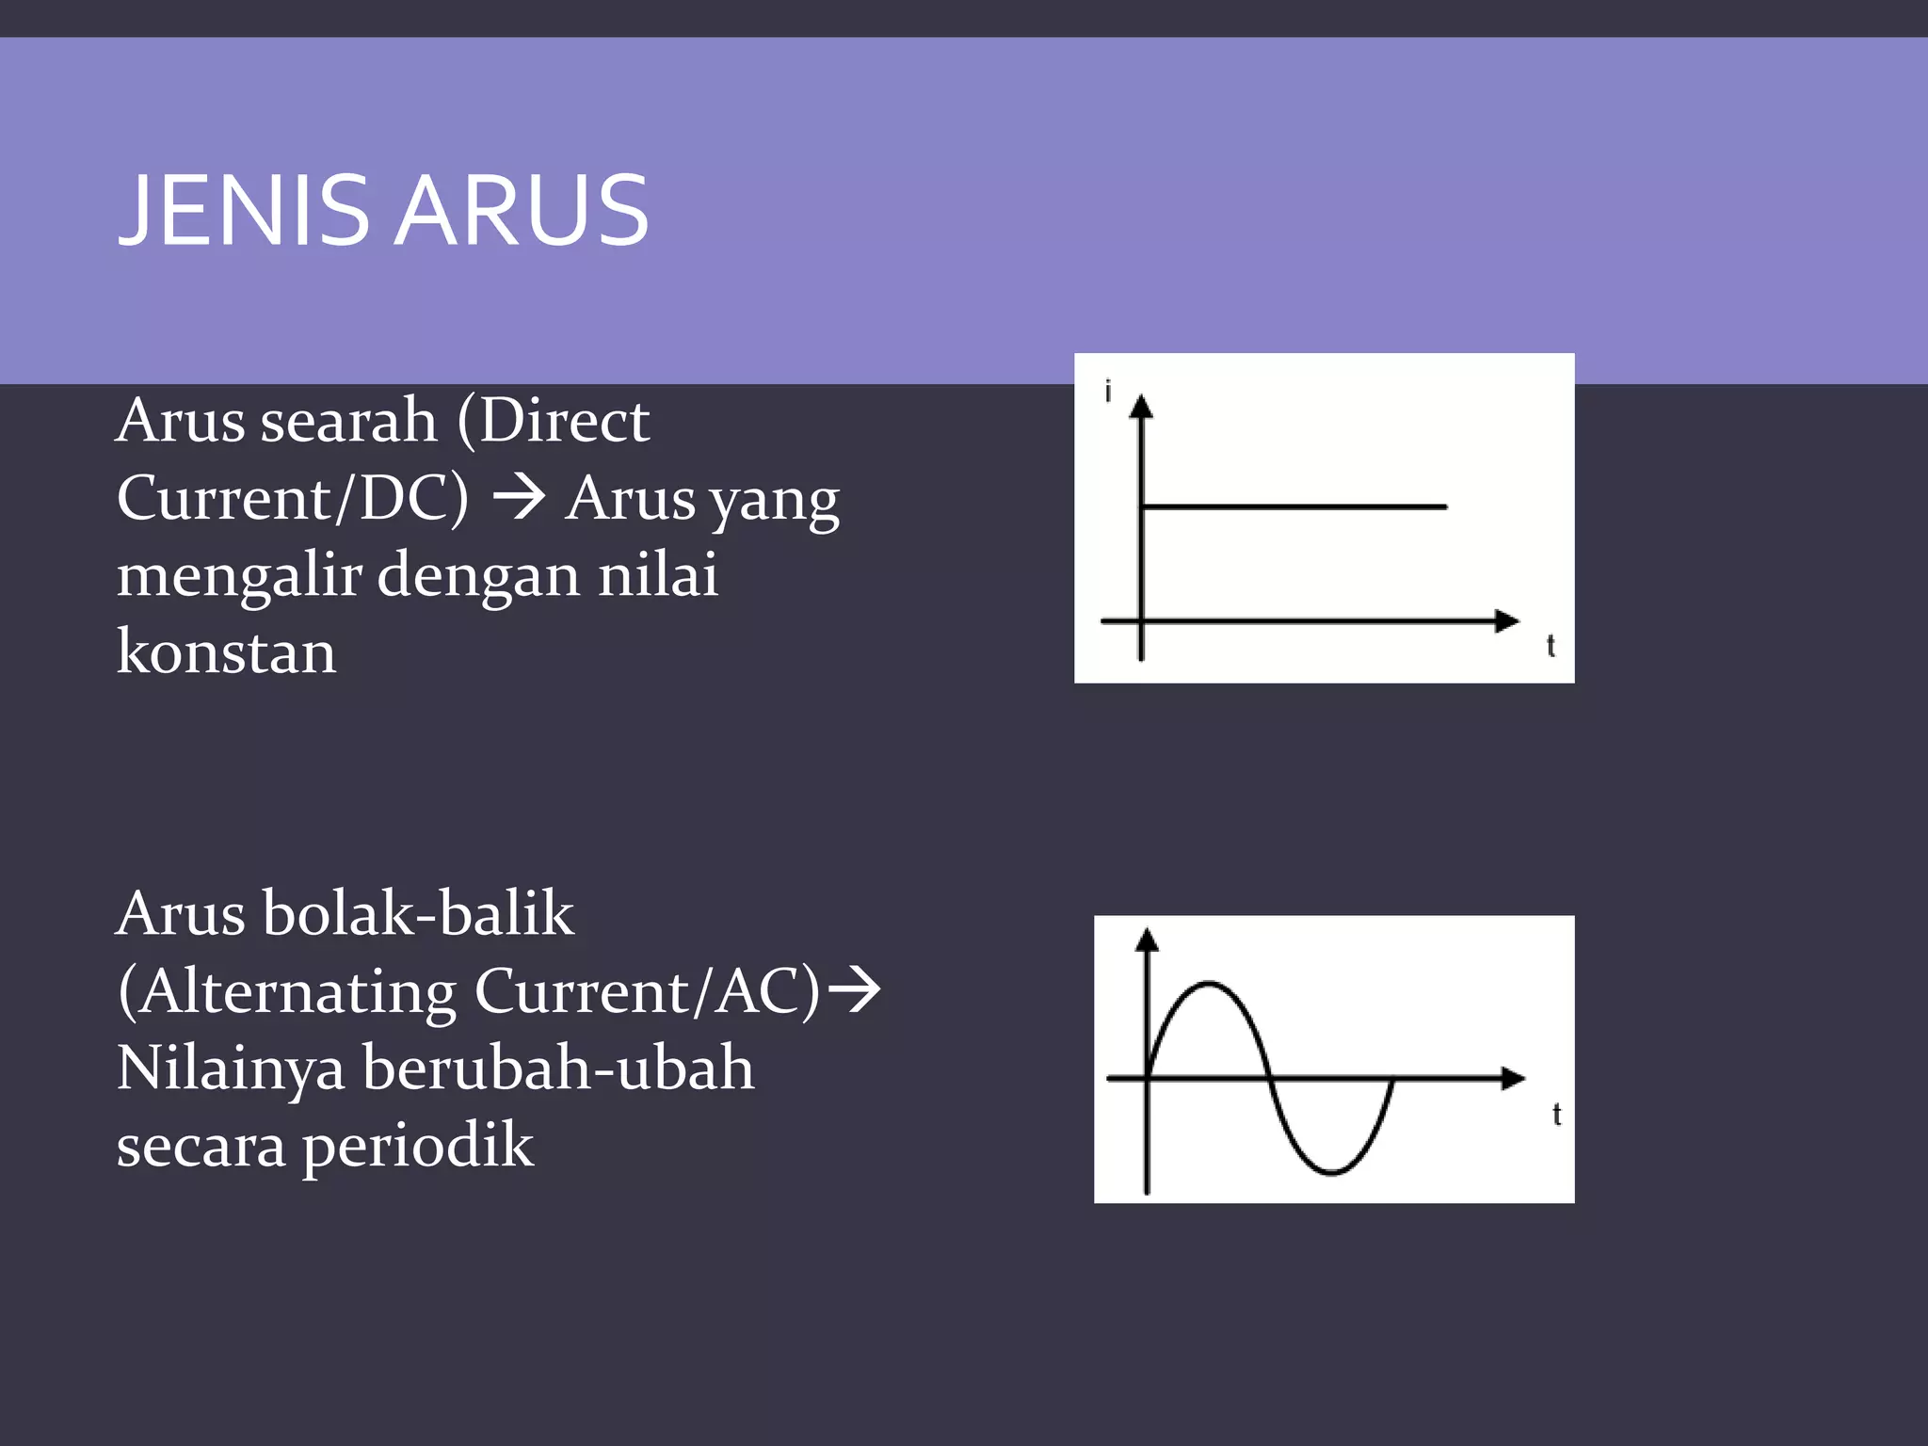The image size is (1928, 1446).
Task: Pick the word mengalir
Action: point(239,576)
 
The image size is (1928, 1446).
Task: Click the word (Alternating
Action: point(287,991)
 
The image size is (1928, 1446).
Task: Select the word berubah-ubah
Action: point(558,1068)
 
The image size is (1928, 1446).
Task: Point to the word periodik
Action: point(417,1147)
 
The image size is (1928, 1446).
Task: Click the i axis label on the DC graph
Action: point(1108,391)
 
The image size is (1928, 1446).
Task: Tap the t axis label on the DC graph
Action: point(1550,647)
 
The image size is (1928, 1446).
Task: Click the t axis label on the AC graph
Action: point(1556,1115)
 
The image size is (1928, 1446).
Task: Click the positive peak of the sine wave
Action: point(1208,984)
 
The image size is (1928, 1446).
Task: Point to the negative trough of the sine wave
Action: point(1331,1172)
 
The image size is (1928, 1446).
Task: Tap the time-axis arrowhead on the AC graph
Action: point(1513,1078)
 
